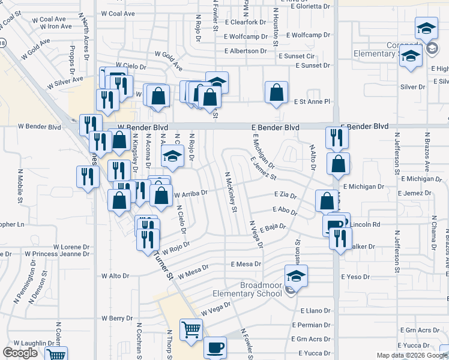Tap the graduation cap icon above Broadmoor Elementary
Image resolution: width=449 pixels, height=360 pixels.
click(x=296, y=276)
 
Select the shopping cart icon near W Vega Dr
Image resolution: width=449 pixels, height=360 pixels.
click(x=191, y=329)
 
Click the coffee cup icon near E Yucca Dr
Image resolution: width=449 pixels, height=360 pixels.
click(x=215, y=347)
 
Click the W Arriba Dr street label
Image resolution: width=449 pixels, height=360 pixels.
click(x=190, y=194)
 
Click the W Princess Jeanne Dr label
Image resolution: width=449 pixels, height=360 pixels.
click(x=57, y=254)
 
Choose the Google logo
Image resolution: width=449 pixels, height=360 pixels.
click(x=20, y=353)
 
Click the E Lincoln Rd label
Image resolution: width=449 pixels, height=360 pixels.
click(x=365, y=224)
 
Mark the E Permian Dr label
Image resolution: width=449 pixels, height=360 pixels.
click(x=311, y=325)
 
